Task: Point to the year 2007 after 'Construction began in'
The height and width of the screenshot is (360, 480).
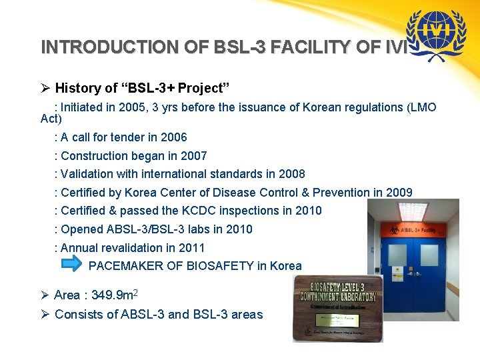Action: click(193, 156)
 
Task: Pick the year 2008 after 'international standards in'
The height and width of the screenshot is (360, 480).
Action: click(291, 174)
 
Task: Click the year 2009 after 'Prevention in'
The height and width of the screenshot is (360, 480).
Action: click(399, 193)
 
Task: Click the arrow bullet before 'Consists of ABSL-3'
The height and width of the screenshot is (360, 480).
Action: click(45, 314)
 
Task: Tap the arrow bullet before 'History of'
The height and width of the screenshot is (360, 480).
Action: click(45, 87)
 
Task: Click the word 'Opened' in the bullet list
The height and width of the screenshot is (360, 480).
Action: click(81, 229)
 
